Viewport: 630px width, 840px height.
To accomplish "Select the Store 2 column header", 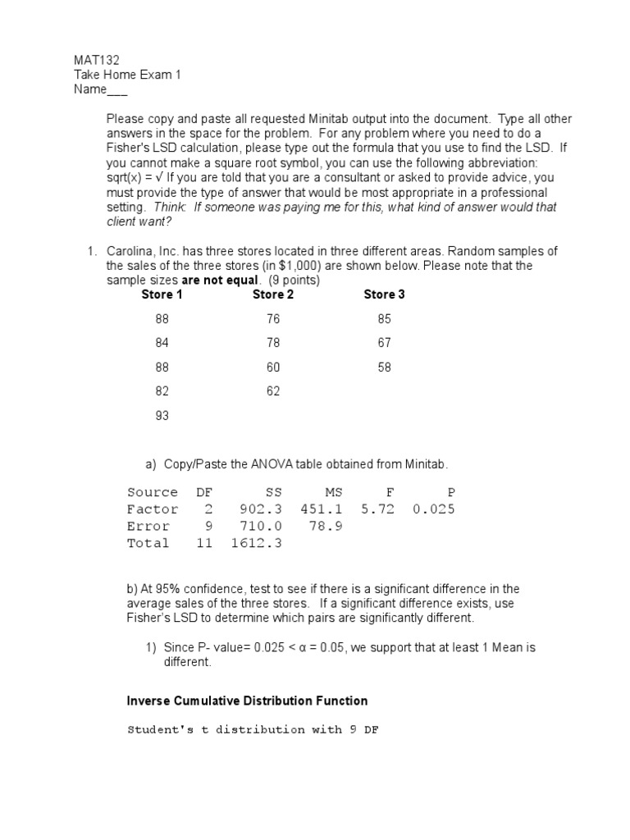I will (x=273, y=294).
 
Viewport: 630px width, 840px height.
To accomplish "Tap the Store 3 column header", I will (x=384, y=294).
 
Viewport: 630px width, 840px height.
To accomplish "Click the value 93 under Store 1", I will (x=162, y=416).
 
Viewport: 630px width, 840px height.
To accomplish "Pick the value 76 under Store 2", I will (x=273, y=319).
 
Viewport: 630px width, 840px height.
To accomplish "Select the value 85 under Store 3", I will (x=385, y=319).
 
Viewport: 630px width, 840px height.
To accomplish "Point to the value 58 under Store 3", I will (x=385, y=367).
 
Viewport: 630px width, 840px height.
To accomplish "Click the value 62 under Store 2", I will (x=273, y=391).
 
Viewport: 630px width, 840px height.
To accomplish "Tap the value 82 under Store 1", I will (x=162, y=391).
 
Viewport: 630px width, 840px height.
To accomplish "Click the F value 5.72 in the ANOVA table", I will (x=378, y=509).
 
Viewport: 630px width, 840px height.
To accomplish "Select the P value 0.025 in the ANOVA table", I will (x=433, y=509).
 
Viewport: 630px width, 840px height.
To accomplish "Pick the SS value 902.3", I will (x=260, y=509).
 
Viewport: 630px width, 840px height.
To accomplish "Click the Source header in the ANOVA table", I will (x=153, y=492).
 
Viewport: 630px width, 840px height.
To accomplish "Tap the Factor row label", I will (x=153, y=509).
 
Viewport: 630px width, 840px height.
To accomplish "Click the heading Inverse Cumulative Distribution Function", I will (x=247, y=701).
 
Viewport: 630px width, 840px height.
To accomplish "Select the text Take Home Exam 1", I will (x=127, y=75).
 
